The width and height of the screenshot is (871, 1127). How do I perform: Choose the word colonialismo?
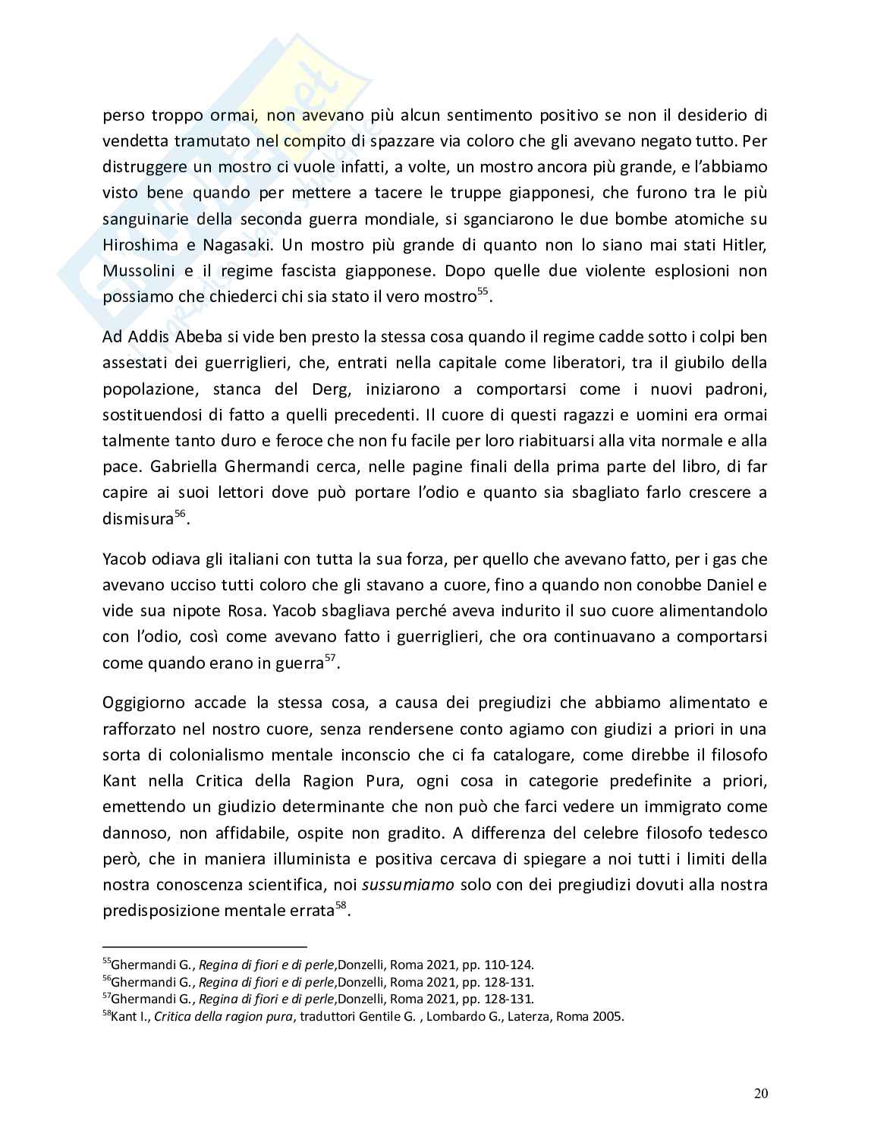[222, 754]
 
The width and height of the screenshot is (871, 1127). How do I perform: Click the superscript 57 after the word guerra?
[330, 658]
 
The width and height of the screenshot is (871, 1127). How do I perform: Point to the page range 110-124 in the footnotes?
[511, 965]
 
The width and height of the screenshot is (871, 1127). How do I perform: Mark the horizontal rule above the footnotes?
[204, 946]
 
